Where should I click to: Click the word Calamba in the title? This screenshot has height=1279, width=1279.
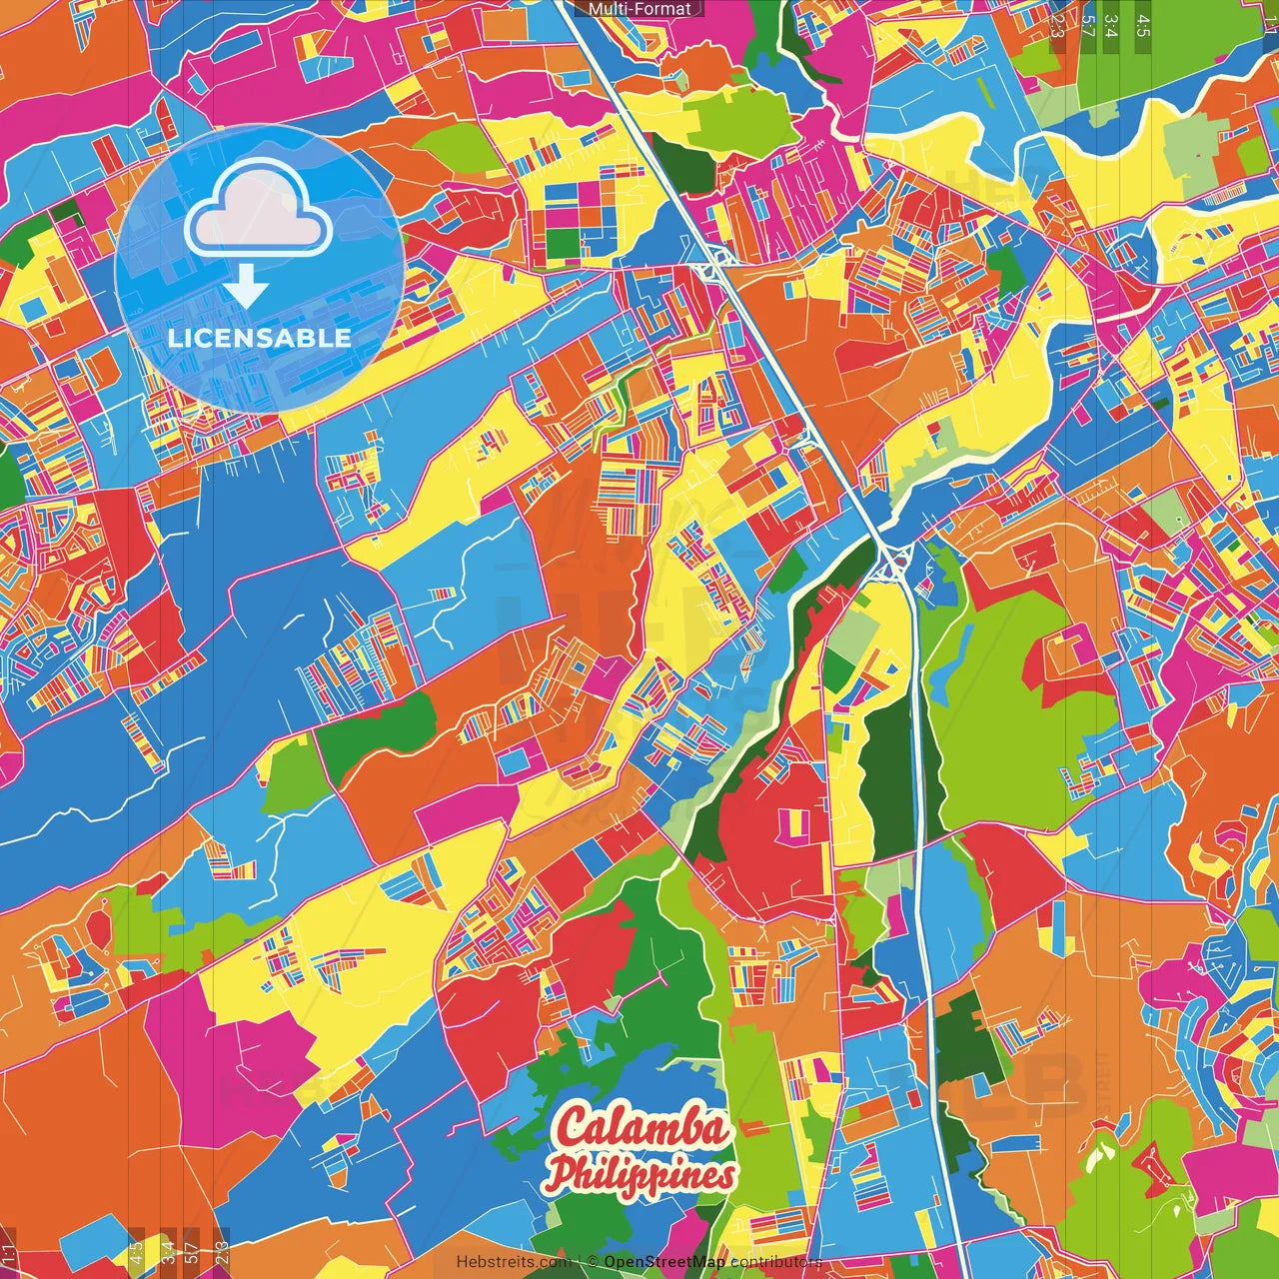(x=642, y=1128)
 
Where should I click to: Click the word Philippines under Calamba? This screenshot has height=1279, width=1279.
(x=643, y=1175)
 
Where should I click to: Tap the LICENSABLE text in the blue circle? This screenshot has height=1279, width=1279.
(x=260, y=338)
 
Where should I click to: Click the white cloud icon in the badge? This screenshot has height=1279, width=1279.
(x=259, y=211)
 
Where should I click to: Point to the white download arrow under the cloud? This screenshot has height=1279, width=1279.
(x=246, y=288)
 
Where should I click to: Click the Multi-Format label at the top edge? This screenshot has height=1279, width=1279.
(x=639, y=9)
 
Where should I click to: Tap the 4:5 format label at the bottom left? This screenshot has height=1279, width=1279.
(x=136, y=1253)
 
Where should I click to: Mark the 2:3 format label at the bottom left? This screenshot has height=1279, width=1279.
(x=222, y=1253)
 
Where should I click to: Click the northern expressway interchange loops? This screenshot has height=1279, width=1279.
(x=713, y=265)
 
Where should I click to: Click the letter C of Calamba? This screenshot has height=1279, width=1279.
(x=574, y=1128)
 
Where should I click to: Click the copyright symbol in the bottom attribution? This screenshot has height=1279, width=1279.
(x=593, y=1262)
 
